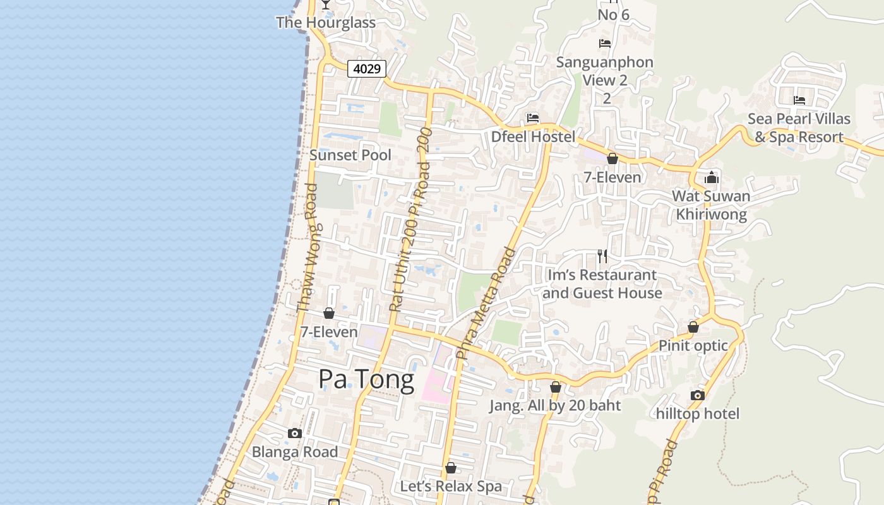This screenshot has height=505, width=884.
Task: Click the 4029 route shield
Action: tap(367, 68)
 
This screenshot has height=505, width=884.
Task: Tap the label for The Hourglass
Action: tap(326, 23)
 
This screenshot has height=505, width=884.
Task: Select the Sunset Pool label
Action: tap(350, 155)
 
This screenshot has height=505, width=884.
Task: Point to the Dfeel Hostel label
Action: tap(534, 137)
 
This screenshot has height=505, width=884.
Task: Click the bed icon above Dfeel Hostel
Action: tap(533, 118)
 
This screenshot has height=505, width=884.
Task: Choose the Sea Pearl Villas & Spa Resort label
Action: tap(799, 128)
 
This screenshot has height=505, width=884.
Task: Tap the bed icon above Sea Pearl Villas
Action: tap(799, 100)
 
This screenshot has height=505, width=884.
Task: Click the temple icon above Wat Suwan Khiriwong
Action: tap(712, 177)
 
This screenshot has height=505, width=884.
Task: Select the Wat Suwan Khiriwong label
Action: tap(711, 205)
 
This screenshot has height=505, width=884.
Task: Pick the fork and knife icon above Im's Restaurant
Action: tap(602, 256)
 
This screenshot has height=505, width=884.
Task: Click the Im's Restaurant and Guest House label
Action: tap(602, 284)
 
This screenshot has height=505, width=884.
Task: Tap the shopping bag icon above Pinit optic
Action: tap(693, 327)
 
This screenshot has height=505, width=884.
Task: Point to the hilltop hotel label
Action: tap(698, 414)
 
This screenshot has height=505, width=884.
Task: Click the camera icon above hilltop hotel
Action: tap(698, 396)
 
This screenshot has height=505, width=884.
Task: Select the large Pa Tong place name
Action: tap(366, 379)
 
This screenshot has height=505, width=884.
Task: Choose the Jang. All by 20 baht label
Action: tap(555, 406)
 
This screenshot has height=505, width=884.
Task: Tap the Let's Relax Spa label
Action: tap(451, 487)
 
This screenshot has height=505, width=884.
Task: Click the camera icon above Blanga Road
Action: tap(295, 434)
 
